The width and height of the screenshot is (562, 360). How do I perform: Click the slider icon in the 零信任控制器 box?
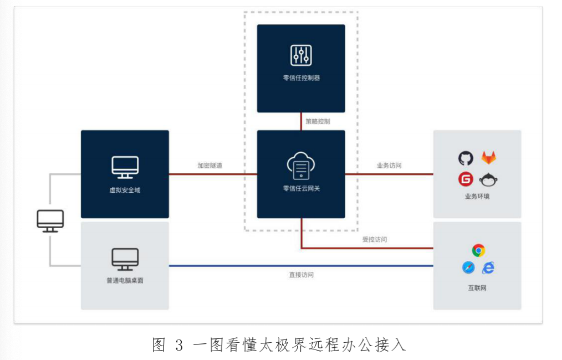tap(301, 55)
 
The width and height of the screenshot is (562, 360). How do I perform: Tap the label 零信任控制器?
tap(302, 78)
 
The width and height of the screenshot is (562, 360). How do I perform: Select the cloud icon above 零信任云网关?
tap(301, 166)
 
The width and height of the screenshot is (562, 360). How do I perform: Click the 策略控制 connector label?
tap(318, 121)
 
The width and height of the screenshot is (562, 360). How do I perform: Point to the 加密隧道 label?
tap(210, 166)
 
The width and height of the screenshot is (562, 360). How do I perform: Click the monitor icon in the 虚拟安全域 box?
tap(125, 167)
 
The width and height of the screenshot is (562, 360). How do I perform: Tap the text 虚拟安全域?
tap(125, 190)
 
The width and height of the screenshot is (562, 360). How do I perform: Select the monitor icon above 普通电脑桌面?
tap(125, 259)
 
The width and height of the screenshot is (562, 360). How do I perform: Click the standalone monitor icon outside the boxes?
tap(50, 221)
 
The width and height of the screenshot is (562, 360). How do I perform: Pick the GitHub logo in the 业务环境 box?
tap(466, 158)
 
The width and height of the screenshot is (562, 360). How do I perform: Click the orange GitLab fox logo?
tap(488, 158)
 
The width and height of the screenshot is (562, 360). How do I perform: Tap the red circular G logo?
tap(466, 179)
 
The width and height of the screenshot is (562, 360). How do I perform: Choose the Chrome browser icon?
tap(478, 250)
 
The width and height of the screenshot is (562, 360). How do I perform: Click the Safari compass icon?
tap(468, 267)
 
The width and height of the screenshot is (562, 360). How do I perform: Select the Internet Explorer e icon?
tap(488, 268)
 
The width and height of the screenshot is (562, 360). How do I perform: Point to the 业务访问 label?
tap(389, 166)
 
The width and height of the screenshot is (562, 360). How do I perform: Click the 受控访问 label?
tap(375, 239)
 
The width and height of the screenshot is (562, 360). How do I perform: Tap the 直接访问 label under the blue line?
tap(302, 275)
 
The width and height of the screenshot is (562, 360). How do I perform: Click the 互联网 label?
tap(477, 288)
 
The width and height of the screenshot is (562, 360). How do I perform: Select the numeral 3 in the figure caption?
tap(179, 346)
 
